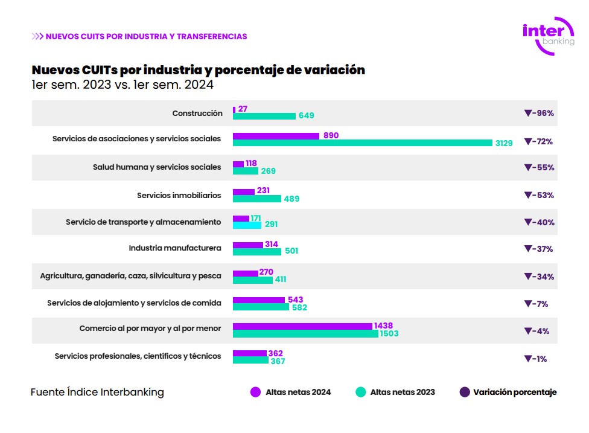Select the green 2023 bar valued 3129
click(x=363, y=143)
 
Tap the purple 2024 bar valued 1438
click(x=302, y=326)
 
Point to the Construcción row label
click(x=197, y=113)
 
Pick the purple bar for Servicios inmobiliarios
click(x=244, y=191)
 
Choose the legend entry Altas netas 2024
click(x=290, y=392)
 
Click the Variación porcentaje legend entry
click(x=508, y=392)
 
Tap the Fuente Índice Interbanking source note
click(x=97, y=392)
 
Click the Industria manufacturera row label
click(x=175, y=248)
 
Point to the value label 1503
click(x=389, y=334)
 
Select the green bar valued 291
click(x=247, y=225)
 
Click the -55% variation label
click(x=539, y=167)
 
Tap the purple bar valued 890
click(x=276, y=136)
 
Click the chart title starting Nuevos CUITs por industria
click(x=198, y=70)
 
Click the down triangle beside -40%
click(x=527, y=222)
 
